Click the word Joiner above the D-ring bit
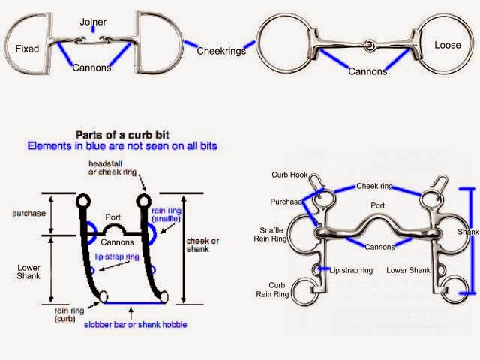coord(92,22)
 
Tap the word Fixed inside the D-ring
coord(27,49)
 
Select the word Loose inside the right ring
coord(448,46)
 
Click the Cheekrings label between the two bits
coord(221,51)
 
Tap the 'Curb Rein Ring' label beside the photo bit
coord(277,289)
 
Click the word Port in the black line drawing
coord(113,218)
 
